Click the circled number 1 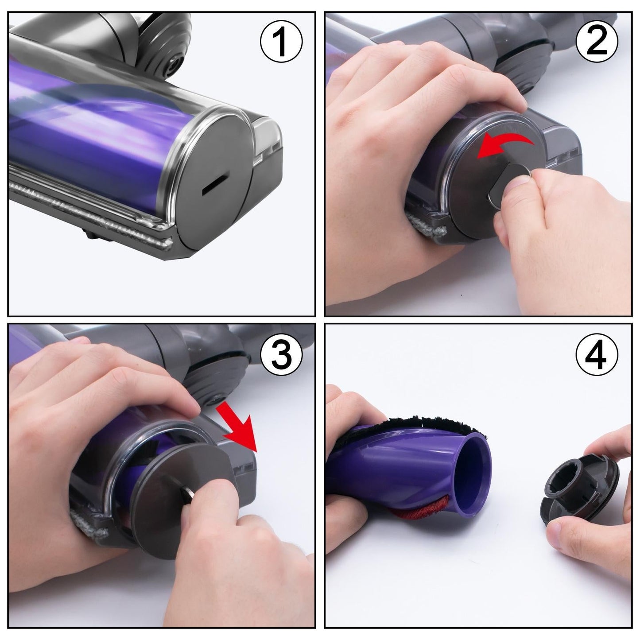point(281,42)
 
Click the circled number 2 point(597,42)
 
